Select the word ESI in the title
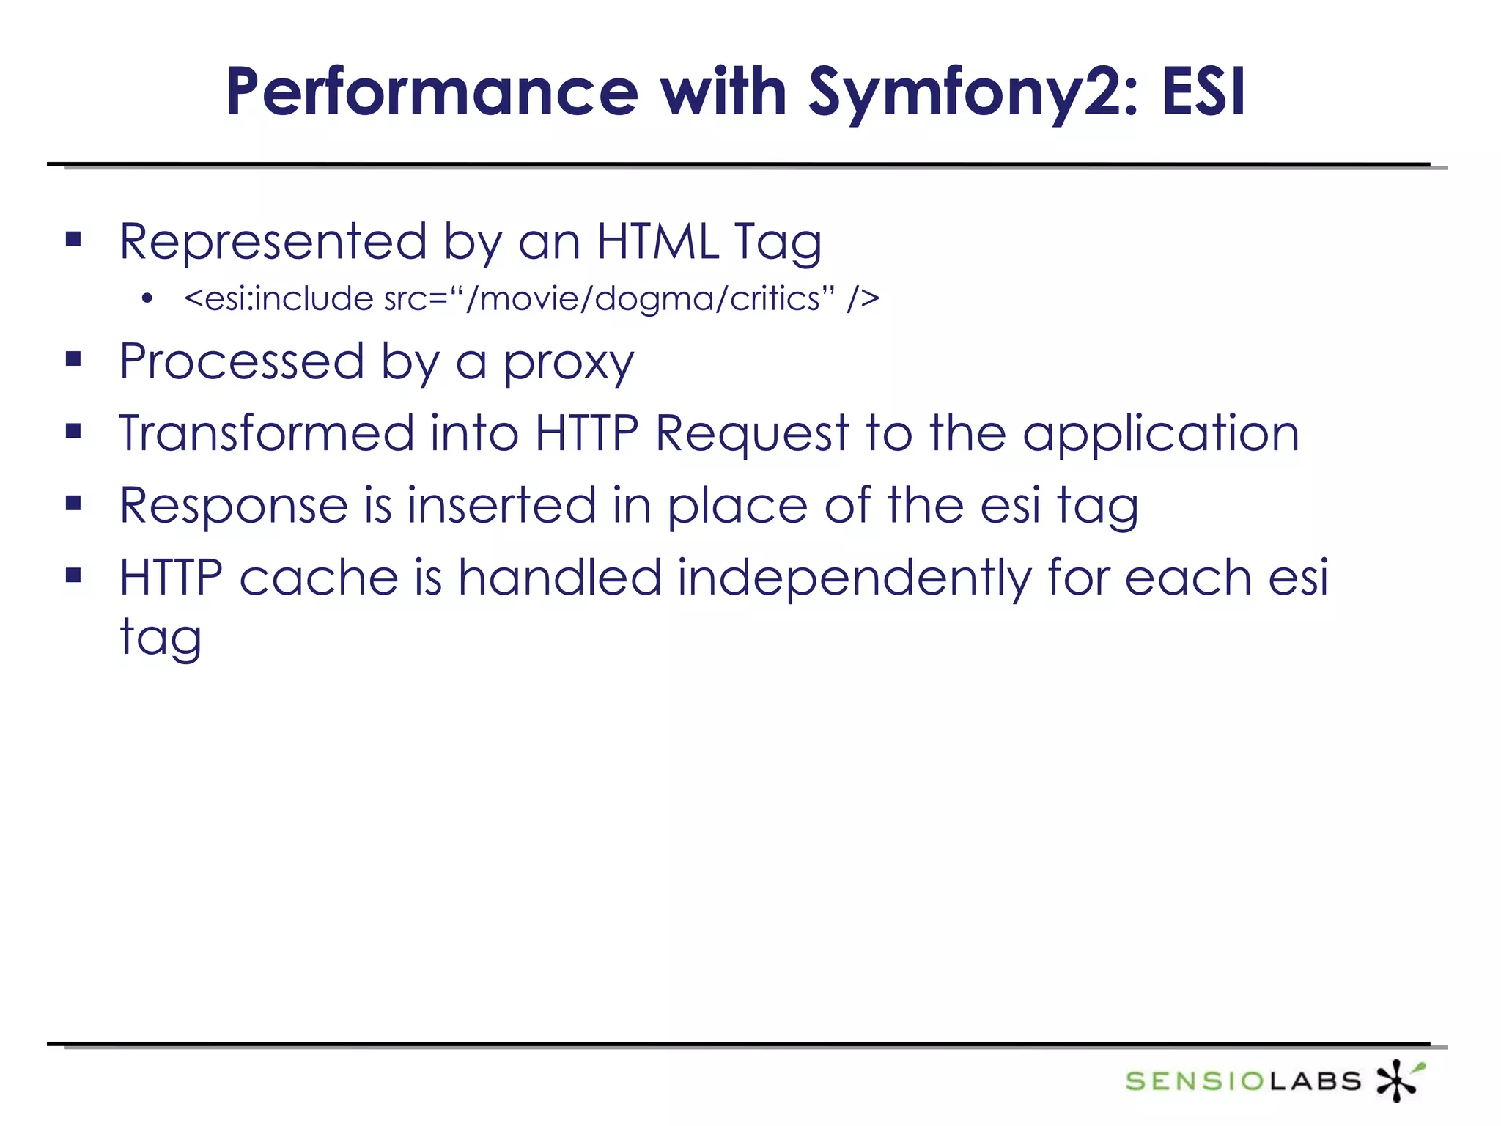[1203, 93]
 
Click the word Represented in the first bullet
[273, 241]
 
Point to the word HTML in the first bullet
[657, 241]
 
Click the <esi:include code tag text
[279, 299]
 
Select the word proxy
[568, 362]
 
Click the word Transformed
[267, 433]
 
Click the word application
[1161, 433]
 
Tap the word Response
[234, 505]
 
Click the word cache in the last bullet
[319, 577]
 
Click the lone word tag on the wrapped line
[161, 638]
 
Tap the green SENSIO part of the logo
[1196, 1081]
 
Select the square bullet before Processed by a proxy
[73, 359]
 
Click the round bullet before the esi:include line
[147, 299]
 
